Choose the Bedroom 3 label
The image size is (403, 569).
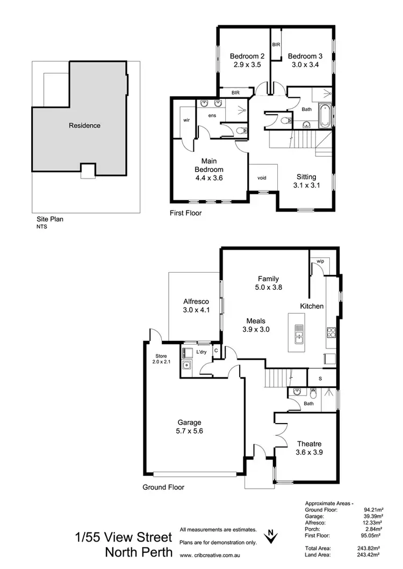pos(303,60)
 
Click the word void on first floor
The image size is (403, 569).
pos(262,178)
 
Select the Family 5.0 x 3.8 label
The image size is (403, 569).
pos(268,283)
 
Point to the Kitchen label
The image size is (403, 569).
pos(312,306)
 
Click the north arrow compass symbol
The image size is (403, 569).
pos(272,536)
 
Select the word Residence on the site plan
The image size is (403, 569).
pos(84,126)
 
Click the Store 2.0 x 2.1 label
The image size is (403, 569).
pos(161,359)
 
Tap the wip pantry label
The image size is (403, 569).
pos(320,261)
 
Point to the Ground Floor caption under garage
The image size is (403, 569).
pos(163,487)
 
